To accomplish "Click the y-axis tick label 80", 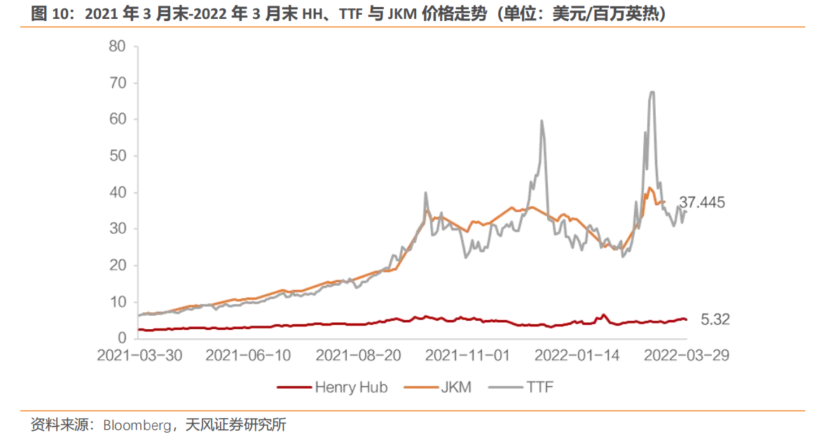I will [x=116, y=47].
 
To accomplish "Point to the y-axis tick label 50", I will [x=116, y=156].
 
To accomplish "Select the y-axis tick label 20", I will [x=116, y=265].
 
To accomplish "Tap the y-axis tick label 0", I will [x=121, y=339].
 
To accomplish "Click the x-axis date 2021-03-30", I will [x=139, y=356].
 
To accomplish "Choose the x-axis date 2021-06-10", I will [x=249, y=356].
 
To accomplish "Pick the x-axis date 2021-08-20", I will [x=359, y=356].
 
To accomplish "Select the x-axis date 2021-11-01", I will [x=468, y=356].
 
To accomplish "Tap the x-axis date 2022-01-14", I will [x=577, y=356].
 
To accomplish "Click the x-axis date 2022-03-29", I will [x=687, y=356].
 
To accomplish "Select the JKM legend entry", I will [x=456, y=387].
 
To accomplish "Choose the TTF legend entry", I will [x=539, y=387].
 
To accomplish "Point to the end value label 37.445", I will [x=701, y=203].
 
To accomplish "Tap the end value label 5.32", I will [x=715, y=320].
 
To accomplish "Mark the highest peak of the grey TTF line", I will [x=652, y=92].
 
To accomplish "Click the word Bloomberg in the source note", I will [x=137, y=425].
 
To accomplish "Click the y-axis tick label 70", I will [x=116, y=83].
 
